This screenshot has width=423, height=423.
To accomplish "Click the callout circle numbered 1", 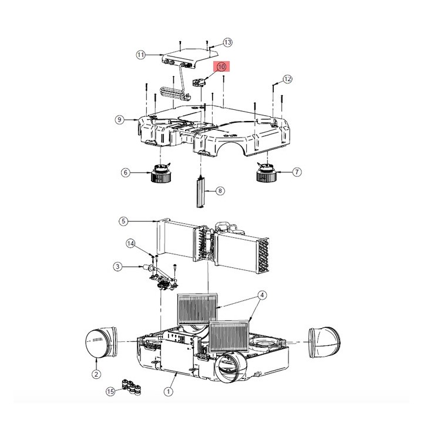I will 169,390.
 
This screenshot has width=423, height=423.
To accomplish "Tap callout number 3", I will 117,267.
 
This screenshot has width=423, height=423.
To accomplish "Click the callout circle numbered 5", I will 123,221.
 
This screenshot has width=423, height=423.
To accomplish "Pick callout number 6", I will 125,173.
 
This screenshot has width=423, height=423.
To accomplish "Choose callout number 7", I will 297,172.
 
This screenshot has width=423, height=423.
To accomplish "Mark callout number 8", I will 220,190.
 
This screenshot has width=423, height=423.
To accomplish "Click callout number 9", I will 119,120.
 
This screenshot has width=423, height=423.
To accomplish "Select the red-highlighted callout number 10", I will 222,68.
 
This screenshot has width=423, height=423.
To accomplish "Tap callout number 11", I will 140,55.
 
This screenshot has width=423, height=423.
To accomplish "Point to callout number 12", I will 287,79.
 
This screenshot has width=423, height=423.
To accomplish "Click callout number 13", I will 228,42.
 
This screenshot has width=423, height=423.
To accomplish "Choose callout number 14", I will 131,243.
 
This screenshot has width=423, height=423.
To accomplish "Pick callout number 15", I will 110,391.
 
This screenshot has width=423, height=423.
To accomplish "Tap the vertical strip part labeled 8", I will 201,192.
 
